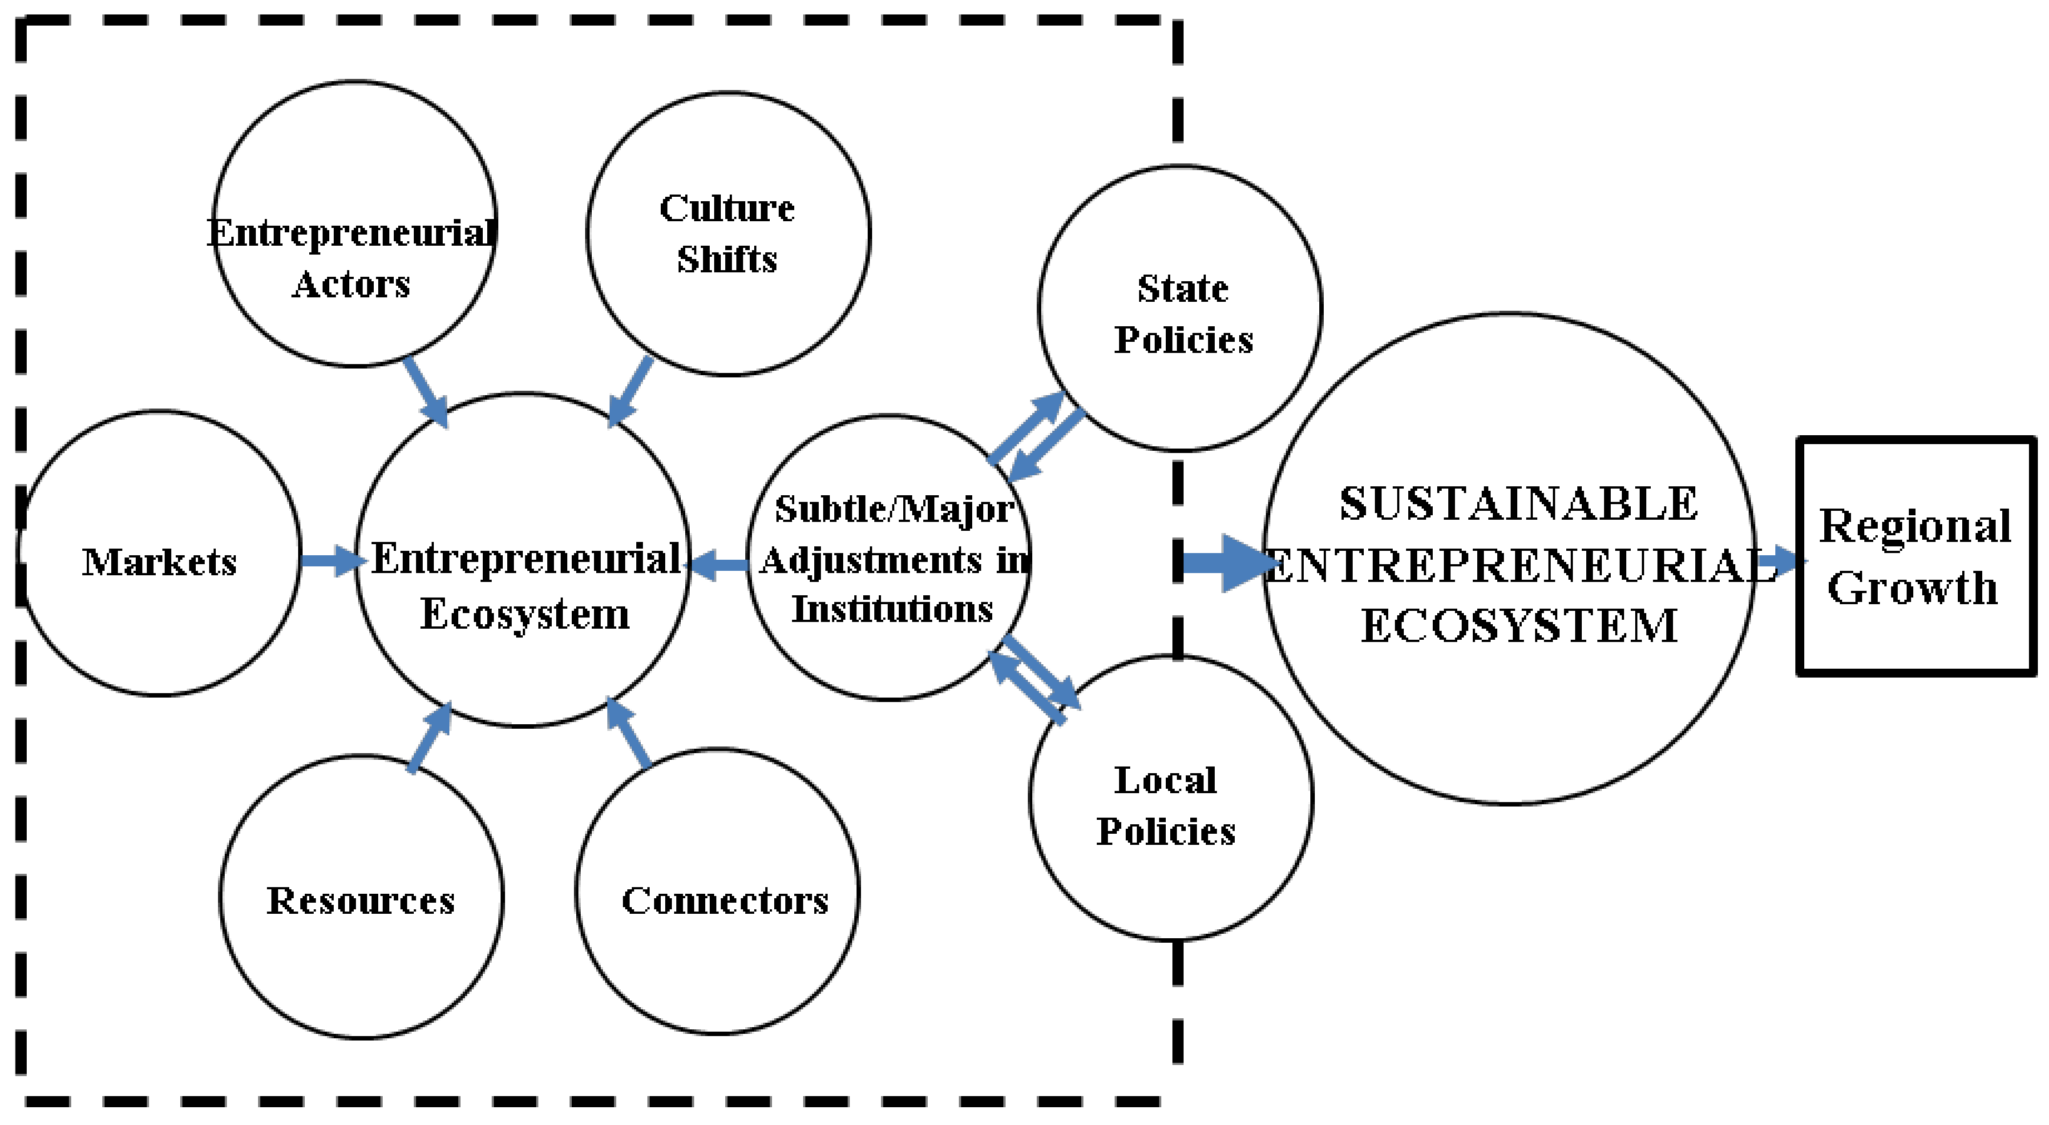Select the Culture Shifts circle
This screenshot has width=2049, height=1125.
pos(728,318)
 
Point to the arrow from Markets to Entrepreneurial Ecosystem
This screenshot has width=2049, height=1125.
pos(330,560)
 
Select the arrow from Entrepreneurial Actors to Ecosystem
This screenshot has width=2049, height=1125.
pos(425,392)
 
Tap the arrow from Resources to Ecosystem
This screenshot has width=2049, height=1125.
pos(429,738)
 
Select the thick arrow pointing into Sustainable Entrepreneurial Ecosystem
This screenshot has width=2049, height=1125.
pos(1225,563)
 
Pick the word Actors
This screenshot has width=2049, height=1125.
pos(351,284)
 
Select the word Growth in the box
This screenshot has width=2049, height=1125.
pos(1912,588)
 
